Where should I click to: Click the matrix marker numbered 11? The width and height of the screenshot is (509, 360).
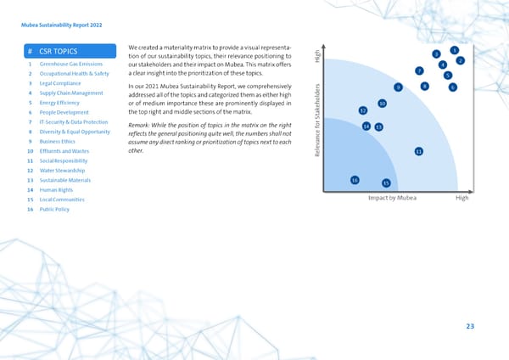click(x=418, y=151)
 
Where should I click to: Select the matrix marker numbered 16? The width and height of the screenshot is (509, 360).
click(x=355, y=180)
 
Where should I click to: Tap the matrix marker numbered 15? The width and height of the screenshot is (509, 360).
click(x=386, y=183)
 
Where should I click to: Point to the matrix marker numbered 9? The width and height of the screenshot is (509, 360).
click(x=398, y=87)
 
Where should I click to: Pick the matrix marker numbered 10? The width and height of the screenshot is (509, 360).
click(x=383, y=104)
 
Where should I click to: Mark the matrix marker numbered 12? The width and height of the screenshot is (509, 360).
click(x=363, y=111)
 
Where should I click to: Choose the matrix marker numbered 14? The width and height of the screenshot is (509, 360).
click(x=366, y=127)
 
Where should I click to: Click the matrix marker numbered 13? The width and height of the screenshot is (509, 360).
click(x=378, y=127)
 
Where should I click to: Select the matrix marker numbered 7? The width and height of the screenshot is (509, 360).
click(x=419, y=70)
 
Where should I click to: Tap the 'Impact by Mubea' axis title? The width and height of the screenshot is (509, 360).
click(x=392, y=198)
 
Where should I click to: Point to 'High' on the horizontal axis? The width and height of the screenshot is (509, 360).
click(x=461, y=198)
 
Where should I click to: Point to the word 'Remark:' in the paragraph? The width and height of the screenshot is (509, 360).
click(x=141, y=126)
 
